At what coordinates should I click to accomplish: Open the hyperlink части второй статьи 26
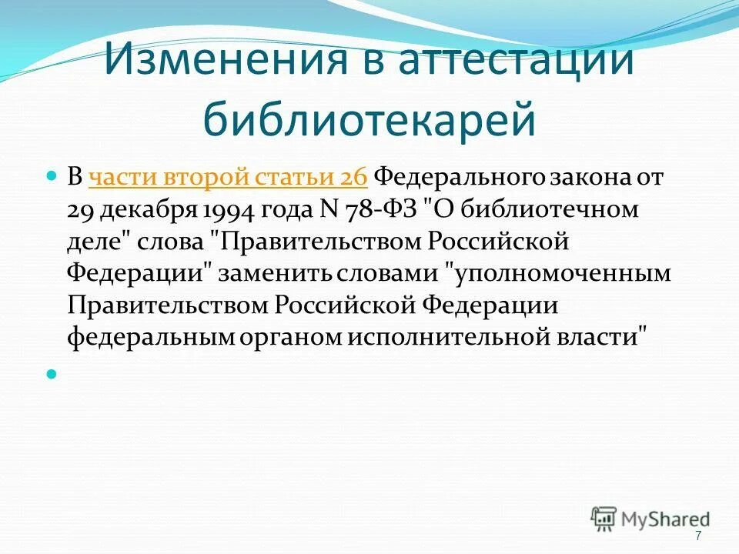pyautogui.click(x=228, y=177)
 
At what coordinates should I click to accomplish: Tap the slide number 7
pyautogui.click(x=698, y=536)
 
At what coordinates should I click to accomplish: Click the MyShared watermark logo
pyautogui.click(x=650, y=519)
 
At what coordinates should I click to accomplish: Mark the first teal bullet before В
pyautogui.click(x=52, y=177)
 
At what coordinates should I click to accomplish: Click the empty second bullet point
pyautogui.click(x=52, y=375)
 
